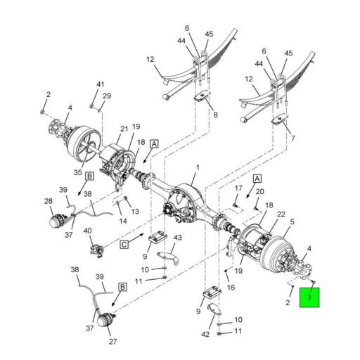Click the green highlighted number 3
pos(309,297)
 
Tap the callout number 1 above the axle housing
pos(198,167)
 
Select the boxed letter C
pos(124,245)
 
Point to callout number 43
pos(178,238)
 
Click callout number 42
pos(205,334)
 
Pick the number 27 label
pos(112,342)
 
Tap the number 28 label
pos(49,201)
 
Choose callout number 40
pos(88,231)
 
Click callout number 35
pos(78,172)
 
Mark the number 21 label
pos(124,129)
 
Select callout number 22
pos(281,214)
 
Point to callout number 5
pos(292,221)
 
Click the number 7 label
pos(293,139)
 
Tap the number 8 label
pos(215,115)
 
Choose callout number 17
pos(238,188)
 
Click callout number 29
pos(107,96)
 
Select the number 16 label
pos(231,288)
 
